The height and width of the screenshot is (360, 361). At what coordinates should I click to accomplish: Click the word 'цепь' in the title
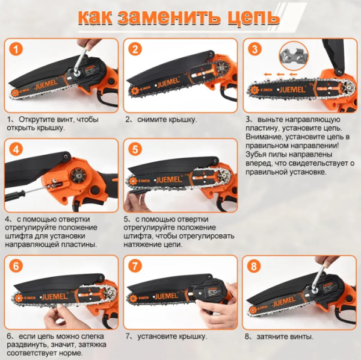pyautogui.click(x=250, y=17)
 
